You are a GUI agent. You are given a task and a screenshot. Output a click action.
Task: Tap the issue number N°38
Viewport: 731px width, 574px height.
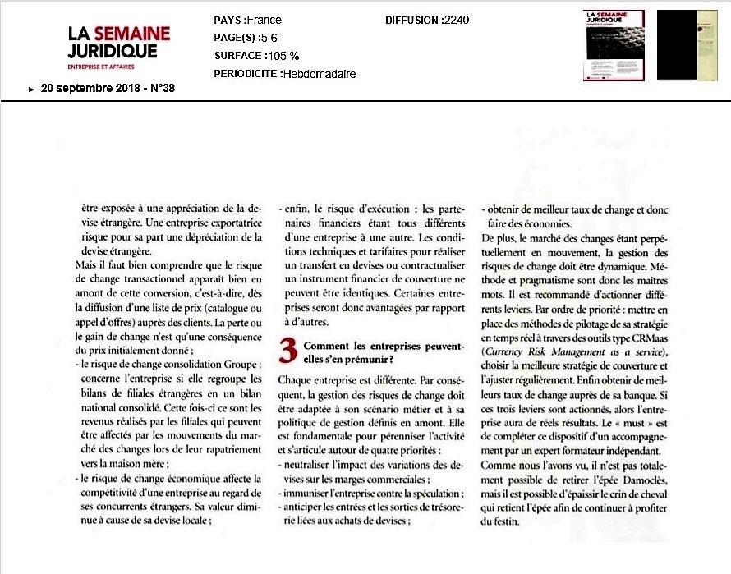point(159,88)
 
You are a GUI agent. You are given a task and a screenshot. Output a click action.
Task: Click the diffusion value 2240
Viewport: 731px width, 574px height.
point(456,21)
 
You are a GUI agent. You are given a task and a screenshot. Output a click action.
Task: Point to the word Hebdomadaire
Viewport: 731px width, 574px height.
point(319,73)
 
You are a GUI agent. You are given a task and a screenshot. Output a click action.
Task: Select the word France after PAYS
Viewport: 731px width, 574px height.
point(264,21)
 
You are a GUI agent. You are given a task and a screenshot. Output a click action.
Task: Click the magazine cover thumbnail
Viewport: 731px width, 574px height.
point(614,45)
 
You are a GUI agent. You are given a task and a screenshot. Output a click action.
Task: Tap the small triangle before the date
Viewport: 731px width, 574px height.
point(32,89)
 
